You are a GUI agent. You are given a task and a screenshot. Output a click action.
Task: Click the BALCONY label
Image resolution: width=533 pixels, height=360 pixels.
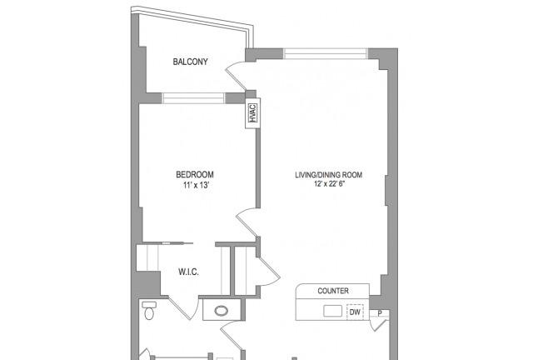(x=190, y=62)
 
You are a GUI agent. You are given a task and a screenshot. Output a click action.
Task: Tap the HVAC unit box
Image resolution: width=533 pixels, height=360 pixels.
(x=252, y=113)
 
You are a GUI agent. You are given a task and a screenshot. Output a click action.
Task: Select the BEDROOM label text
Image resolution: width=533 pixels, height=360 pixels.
(x=195, y=174)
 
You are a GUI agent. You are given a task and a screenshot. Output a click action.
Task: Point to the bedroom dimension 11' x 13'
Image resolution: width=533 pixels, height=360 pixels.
(x=196, y=186)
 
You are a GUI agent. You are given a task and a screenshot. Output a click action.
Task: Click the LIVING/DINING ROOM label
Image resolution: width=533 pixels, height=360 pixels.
(x=328, y=175)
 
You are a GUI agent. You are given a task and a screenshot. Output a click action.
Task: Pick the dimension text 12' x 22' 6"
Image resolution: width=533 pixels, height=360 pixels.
(x=330, y=184)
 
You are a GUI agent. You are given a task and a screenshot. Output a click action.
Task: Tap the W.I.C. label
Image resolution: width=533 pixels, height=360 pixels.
(x=188, y=272)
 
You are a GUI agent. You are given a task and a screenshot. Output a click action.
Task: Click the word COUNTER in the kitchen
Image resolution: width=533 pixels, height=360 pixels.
(x=333, y=291)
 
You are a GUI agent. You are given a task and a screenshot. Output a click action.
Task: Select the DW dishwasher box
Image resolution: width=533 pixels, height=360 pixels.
(x=355, y=312)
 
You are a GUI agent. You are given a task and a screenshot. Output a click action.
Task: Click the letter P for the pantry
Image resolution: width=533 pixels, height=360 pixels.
(x=380, y=313)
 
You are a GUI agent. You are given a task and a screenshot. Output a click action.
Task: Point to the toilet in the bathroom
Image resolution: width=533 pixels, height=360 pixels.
(x=149, y=310)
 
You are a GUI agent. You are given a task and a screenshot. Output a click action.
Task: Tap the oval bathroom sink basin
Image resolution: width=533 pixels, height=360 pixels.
(x=222, y=310)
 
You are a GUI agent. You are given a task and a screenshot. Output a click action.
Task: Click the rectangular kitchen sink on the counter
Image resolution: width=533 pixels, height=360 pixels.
(x=332, y=311)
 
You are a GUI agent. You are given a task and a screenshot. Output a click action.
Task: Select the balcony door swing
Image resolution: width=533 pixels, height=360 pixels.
(x=236, y=76)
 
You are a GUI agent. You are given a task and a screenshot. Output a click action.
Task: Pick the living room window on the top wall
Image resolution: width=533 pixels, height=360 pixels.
(x=326, y=54)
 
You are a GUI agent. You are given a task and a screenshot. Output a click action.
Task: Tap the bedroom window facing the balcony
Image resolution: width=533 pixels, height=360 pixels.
(x=193, y=98)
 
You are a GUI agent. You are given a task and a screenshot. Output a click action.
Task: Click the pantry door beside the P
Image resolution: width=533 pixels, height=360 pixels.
(x=379, y=323)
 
